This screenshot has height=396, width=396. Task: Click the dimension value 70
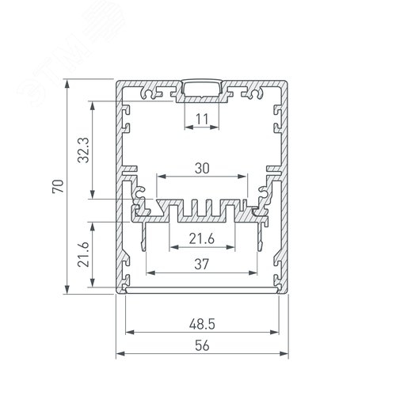click(58, 186)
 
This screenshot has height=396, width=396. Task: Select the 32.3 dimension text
click(84, 150)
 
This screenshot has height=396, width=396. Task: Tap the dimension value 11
click(202, 119)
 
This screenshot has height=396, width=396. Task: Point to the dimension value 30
click(202, 168)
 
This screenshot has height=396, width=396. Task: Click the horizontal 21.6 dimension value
click(202, 239)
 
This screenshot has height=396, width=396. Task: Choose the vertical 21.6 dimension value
click(84, 254)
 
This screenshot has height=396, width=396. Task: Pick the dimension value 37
click(201, 264)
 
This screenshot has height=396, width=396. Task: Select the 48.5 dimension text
click(202, 324)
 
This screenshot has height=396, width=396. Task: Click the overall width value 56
click(202, 345)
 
